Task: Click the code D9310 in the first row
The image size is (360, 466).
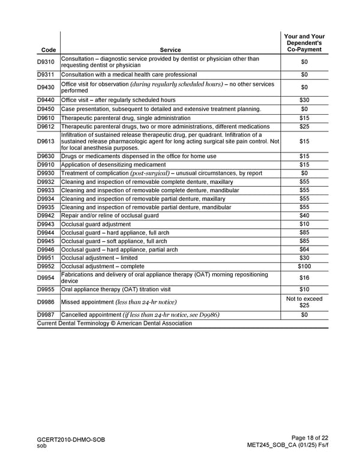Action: click(46, 62)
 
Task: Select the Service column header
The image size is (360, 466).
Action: click(170, 50)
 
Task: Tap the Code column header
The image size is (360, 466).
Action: click(46, 50)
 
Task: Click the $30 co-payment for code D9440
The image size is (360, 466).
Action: click(304, 100)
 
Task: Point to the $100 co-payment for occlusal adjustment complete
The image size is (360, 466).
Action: click(304, 267)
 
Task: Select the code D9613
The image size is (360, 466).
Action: click(46, 141)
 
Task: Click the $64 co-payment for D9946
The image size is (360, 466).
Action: click(304, 250)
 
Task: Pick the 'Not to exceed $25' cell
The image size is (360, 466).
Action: click(304, 302)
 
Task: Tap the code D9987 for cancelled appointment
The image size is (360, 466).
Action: click(46, 315)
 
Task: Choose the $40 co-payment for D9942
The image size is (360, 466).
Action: click(304, 216)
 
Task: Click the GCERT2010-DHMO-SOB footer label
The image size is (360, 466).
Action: click(71, 440)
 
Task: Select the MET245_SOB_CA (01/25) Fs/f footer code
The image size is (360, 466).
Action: click(287, 446)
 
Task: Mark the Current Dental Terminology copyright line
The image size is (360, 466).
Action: click(115, 323)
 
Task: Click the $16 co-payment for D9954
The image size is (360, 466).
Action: click(304, 277)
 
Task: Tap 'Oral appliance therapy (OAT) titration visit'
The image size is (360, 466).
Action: click(120, 289)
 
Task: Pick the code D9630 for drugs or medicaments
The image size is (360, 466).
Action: click(46, 156)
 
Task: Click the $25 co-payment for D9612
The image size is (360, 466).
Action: click(304, 127)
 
